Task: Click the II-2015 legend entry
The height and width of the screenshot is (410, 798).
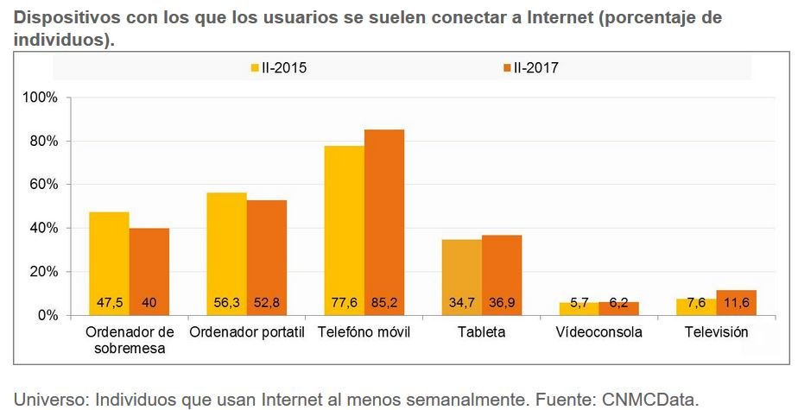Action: [x=278, y=67]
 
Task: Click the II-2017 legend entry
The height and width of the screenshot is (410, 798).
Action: [x=530, y=67]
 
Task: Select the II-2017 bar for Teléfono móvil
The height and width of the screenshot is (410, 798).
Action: [x=384, y=223]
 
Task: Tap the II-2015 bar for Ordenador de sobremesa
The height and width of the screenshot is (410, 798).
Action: [x=110, y=263]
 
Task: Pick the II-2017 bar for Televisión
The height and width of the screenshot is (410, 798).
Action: [x=737, y=303]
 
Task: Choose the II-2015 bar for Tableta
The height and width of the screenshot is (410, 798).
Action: [x=462, y=277]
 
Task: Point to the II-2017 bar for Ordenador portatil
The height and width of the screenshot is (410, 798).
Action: [x=267, y=258]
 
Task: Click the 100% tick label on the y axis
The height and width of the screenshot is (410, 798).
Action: [x=40, y=98]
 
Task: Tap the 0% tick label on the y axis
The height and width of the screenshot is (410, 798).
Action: [x=47, y=315]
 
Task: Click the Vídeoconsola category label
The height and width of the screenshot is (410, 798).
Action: [x=598, y=332]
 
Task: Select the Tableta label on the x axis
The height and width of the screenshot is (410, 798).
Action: [x=481, y=332]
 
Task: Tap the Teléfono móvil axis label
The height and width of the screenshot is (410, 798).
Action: [x=364, y=332]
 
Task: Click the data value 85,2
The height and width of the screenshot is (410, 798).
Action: [x=384, y=303]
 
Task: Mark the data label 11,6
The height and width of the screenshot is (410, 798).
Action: [x=737, y=303]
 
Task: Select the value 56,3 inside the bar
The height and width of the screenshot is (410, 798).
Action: [x=227, y=303]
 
